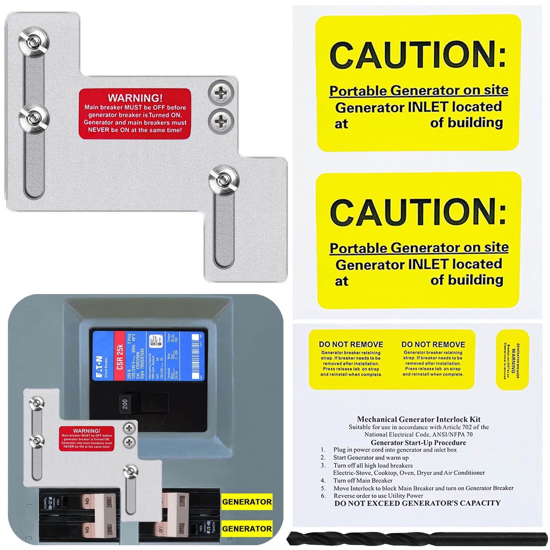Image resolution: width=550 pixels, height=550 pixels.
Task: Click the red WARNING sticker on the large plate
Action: (x=135, y=114)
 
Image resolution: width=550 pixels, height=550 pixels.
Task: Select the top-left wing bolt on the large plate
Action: (x=33, y=42)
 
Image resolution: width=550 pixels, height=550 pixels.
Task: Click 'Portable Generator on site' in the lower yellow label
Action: (x=419, y=248)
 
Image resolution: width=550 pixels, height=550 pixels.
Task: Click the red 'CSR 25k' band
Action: (x=120, y=357)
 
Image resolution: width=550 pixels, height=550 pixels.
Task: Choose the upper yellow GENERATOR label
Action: (x=247, y=502)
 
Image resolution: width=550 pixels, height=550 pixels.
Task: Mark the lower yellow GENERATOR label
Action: (x=247, y=529)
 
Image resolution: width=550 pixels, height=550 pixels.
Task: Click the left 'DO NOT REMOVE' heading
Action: (x=351, y=345)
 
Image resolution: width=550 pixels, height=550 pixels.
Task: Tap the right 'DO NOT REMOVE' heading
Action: (x=433, y=345)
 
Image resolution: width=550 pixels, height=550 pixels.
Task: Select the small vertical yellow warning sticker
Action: (x=512, y=360)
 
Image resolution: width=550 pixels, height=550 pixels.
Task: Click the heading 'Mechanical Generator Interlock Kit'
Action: (x=418, y=419)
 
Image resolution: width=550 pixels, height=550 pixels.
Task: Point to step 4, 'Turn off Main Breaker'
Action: (x=362, y=481)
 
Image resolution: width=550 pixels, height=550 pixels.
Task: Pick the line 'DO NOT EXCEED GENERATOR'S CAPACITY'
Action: (x=417, y=503)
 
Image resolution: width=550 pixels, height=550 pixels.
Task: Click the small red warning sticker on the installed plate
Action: (x=87, y=439)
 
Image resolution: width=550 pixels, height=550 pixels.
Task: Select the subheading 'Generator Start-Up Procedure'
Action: (x=418, y=442)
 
